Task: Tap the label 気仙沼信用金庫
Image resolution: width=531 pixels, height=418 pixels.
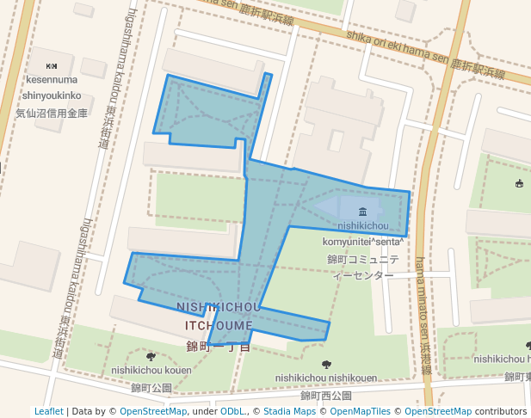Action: pyautogui.click(x=52, y=113)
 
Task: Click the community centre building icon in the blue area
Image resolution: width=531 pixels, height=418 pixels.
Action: pyautogui.click(x=362, y=212)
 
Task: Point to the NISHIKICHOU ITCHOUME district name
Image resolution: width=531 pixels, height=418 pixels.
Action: pyautogui.click(x=219, y=317)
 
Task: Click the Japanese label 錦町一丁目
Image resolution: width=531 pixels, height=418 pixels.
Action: pyautogui.click(x=219, y=347)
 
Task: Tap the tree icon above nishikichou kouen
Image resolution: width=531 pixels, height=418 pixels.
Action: pyautogui.click(x=151, y=356)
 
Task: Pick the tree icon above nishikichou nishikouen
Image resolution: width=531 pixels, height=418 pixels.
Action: pyautogui.click(x=325, y=365)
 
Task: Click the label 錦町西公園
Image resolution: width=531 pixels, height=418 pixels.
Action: pyautogui.click(x=326, y=396)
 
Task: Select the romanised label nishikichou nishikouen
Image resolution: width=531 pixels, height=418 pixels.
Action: pyautogui.click(x=326, y=378)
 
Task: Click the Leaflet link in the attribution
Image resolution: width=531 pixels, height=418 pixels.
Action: pyautogui.click(x=49, y=411)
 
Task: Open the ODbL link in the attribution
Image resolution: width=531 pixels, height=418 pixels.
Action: pyautogui.click(x=233, y=411)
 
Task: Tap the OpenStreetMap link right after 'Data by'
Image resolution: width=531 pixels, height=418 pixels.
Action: pyautogui.click(x=153, y=411)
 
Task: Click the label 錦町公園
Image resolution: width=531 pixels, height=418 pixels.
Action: pyautogui.click(x=151, y=388)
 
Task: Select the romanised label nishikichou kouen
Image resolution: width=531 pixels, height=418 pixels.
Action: pyautogui.click(x=151, y=371)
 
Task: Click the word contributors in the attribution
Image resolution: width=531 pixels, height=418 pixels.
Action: pyautogui.click(x=501, y=411)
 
